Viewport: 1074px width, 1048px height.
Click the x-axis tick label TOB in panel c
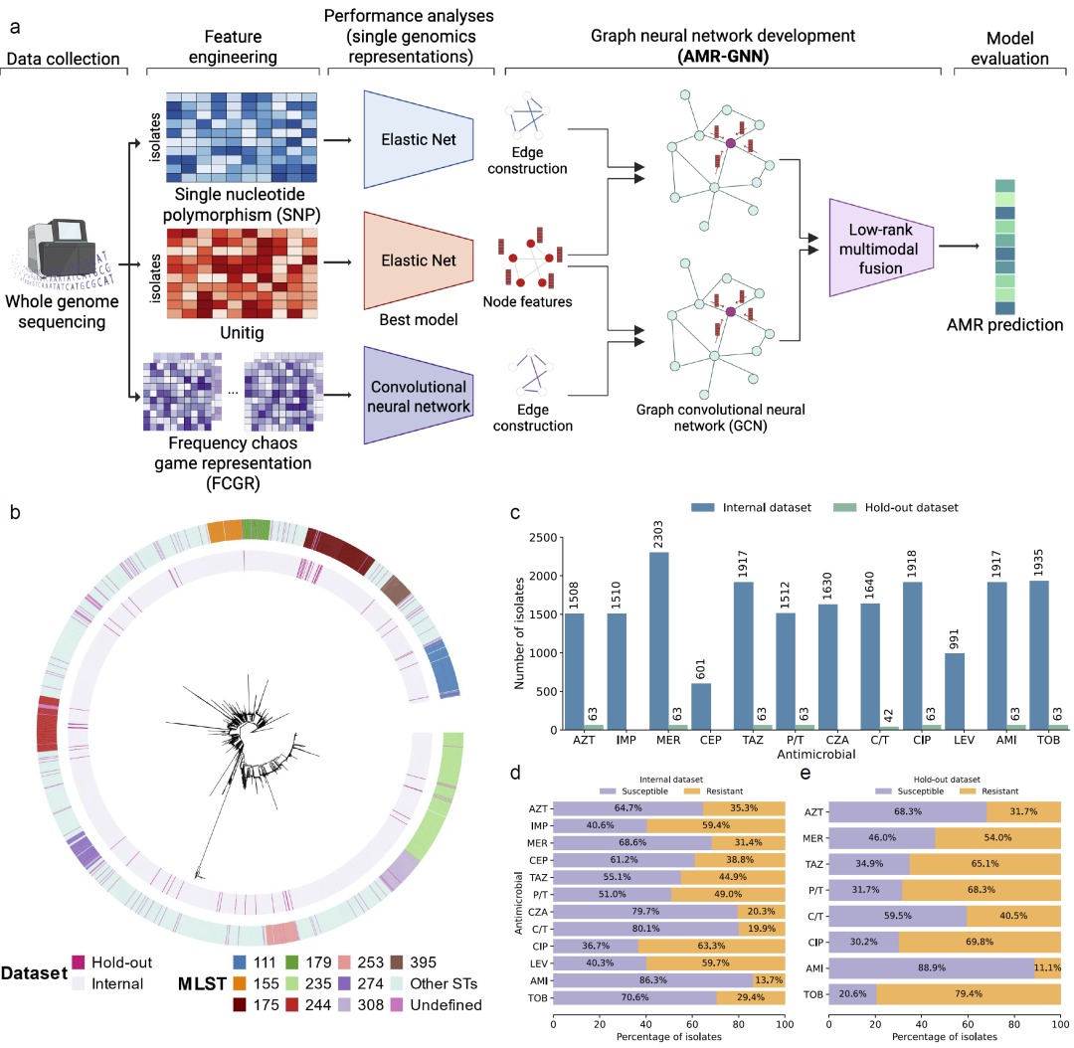click(x=1053, y=742)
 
